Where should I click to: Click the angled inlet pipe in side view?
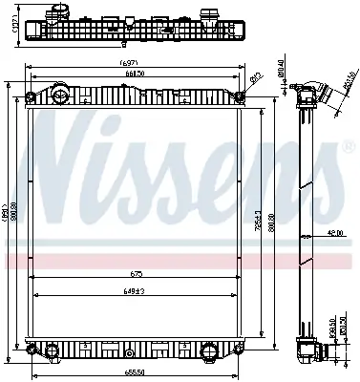(x=321, y=99)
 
